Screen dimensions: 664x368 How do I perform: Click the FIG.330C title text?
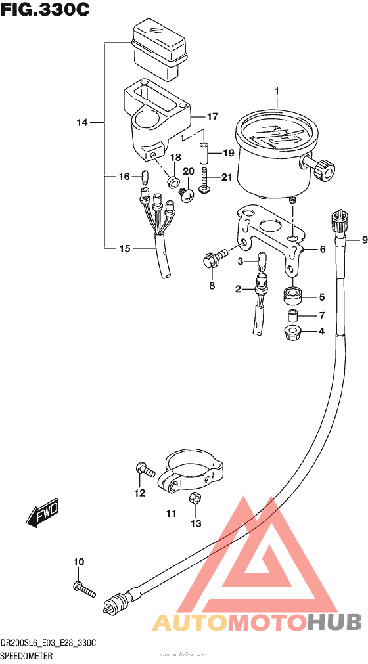(45, 11)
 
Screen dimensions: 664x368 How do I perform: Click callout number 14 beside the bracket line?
(81, 123)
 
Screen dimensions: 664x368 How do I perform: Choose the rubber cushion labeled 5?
(292, 297)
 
